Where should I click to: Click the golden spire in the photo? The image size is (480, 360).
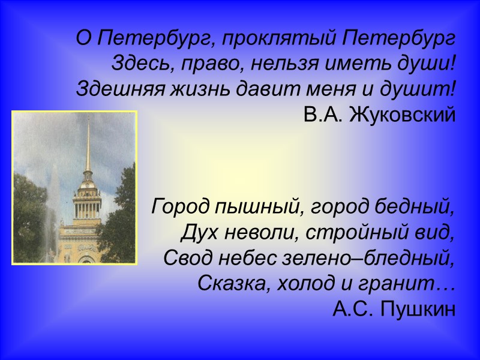click(x=88, y=150)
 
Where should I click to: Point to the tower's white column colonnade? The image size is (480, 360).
click(x=88, y=210)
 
